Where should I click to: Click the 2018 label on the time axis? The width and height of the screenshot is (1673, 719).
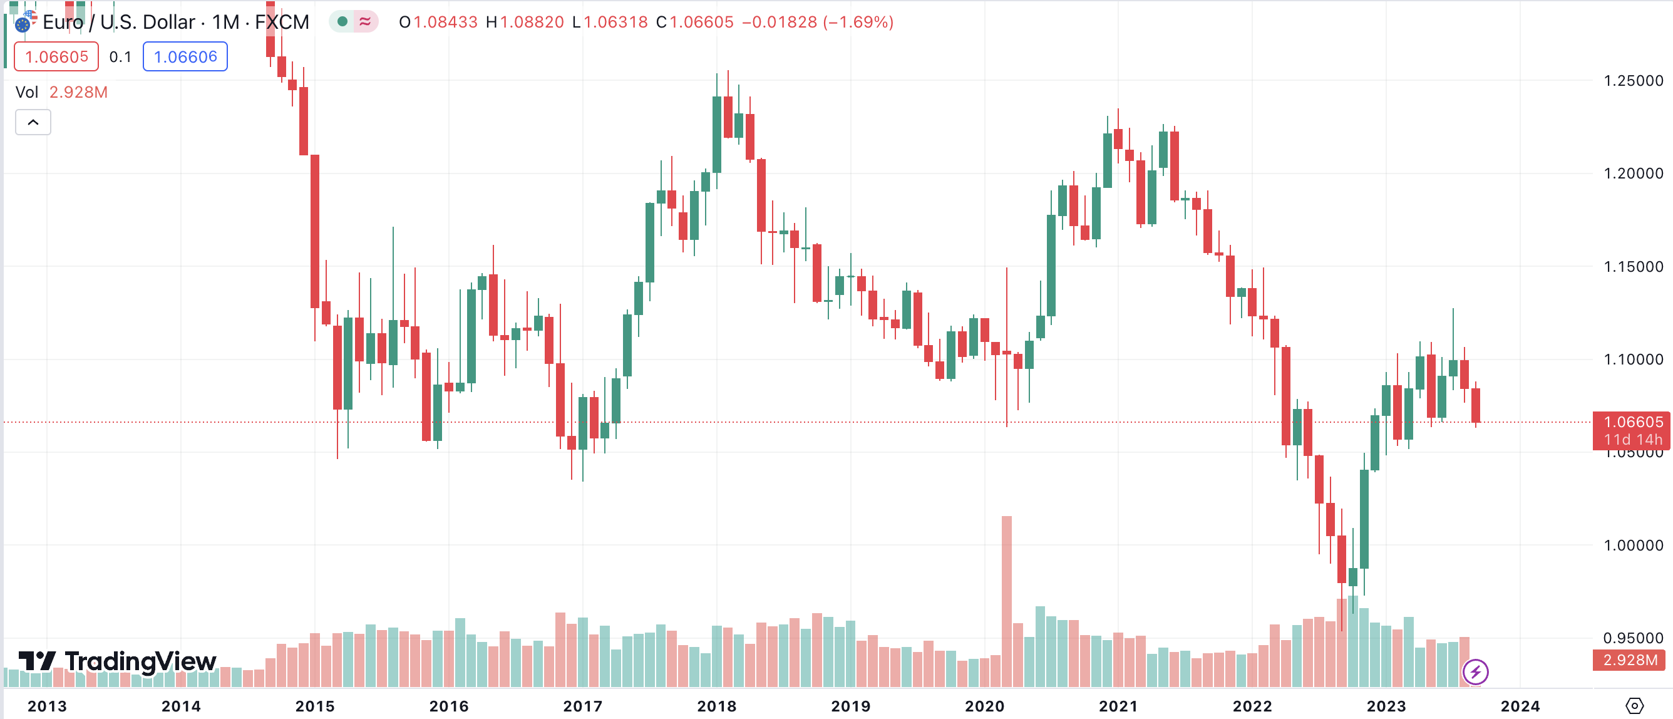tap(716, 706)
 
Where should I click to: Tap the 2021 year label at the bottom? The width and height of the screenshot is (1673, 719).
tap(1118, 706)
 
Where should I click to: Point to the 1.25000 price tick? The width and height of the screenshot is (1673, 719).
tap(1633, 81)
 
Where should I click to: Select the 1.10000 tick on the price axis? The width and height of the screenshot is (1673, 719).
tap(1633, 359)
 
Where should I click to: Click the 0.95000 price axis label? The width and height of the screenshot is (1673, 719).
tap(1633, 638)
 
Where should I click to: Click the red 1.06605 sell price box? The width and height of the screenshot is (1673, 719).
tap(56, 56)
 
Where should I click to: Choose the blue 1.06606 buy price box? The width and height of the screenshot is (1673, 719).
tap(185, 56)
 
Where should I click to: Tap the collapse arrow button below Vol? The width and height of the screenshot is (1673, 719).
tap(33, 122)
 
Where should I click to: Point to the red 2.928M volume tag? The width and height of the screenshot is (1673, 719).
tap(1630, 660)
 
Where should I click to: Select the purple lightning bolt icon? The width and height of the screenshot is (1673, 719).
tap(1476, 671)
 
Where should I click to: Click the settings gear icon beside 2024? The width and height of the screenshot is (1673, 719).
tap(1634, 705)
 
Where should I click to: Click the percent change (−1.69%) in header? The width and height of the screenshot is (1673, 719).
tap(858, 22)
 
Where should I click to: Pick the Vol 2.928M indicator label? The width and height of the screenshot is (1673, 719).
tap(62, 92)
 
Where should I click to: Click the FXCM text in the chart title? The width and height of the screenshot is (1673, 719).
tap(281, 22)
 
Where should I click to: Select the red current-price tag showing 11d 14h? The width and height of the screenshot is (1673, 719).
tap(1632, 431)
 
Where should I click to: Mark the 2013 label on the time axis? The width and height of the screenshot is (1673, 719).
tap(47, 706)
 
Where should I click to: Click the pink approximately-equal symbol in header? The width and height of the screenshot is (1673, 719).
tap(365, 21)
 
